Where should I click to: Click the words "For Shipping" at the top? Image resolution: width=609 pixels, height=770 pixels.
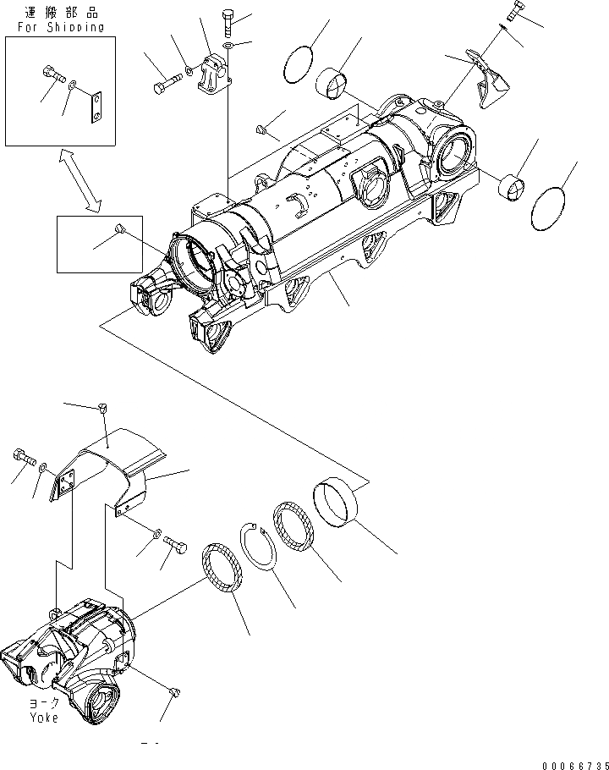(60, 26)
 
